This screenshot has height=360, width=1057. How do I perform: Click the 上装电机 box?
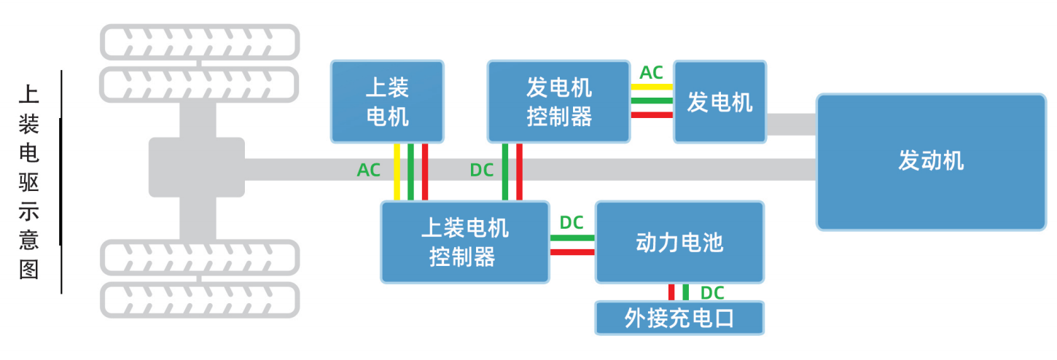point(387,101)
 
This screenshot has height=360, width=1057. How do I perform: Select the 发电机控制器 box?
point(558,101)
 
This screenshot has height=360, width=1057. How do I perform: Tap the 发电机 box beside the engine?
point(719,101)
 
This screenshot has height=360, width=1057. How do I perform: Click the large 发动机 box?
point(931,162)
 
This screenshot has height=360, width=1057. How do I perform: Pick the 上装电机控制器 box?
point(465,242)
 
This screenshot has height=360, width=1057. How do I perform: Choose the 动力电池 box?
point(679,242)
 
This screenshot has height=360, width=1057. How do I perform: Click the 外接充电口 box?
point(679,318)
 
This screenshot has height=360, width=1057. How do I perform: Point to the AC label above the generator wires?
point(651,73)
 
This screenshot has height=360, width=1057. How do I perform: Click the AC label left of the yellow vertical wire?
point(369,170)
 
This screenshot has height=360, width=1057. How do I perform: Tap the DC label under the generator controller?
point(482,170)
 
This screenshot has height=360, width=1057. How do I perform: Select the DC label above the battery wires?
point(572,222)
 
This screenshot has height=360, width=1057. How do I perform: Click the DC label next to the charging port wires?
point(712,293)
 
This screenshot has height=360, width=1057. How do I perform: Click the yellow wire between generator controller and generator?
point(652,87)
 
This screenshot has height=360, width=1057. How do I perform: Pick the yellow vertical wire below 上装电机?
point(397,172)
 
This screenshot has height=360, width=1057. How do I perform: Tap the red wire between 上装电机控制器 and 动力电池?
point(572,252)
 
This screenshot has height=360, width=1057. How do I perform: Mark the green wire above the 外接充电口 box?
point(686,292)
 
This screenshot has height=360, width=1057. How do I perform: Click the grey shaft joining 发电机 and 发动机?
point(792,124)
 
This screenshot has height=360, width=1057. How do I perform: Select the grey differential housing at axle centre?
point(197,167)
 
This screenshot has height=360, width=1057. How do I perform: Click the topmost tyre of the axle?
point(200,42)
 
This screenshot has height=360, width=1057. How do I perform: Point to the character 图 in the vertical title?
point(28,270)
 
